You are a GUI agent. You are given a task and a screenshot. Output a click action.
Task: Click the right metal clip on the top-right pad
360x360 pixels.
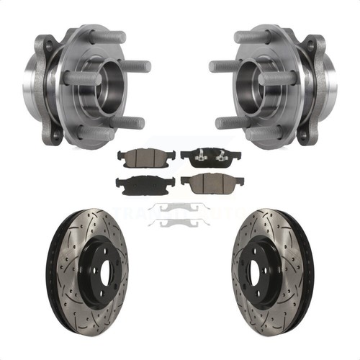(x=217, y=151)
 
